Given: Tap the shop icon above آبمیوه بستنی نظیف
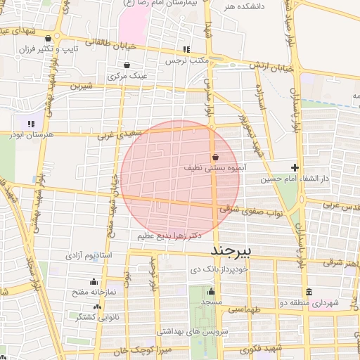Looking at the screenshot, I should coord(214,157).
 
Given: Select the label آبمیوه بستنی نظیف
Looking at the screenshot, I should coord(214,169).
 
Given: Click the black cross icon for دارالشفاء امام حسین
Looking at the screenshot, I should coord(295,167).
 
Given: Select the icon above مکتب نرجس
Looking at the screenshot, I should coord(186,49).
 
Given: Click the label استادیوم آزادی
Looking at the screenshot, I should coord(89,255).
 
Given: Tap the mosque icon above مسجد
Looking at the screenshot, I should coord(211,290).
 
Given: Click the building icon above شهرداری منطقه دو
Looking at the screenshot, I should coord(309,292).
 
